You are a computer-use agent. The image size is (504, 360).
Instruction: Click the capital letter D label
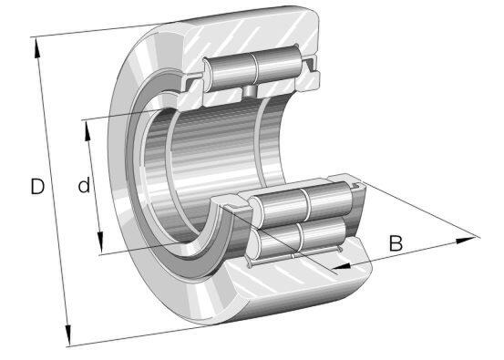click(37, 187)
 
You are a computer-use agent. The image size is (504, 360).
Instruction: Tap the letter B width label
click(396, 243)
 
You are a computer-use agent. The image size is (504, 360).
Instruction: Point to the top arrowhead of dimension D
click(37, 48)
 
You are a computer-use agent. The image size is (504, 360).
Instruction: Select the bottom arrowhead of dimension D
click(67, 335)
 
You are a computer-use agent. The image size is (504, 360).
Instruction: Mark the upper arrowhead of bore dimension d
click(87, 131)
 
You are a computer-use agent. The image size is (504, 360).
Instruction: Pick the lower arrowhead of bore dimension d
click(100, 243)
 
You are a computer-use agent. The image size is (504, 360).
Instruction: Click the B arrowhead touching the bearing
click(341, 266)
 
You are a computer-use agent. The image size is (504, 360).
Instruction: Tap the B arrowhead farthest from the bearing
click(466, 240)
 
